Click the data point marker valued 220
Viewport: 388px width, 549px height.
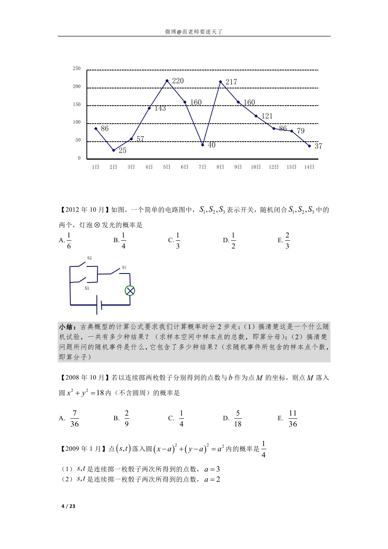pos(167,81)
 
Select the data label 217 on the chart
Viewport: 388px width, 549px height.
pos(231,82)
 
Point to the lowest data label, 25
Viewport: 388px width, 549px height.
pos(122,151)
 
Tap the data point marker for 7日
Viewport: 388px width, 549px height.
pos(203,145)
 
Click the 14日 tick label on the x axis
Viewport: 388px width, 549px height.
pos(309,167)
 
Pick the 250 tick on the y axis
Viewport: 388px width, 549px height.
pos(77,68)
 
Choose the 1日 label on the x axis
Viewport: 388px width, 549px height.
pos(95,167)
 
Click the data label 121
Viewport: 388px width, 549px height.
pos(267,116)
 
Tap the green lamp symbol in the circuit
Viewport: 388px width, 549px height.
pos(130,291)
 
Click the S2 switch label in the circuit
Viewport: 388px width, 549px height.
pos(90,258)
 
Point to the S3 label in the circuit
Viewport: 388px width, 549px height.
pos(124,268)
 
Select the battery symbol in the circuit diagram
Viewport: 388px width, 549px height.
pos(99,305)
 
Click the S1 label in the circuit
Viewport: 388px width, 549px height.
pos(87,288)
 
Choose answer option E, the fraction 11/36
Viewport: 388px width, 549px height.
pos(293,419)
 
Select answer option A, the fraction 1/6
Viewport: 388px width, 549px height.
pos(69,241)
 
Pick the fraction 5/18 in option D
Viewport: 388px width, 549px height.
pos(237,419)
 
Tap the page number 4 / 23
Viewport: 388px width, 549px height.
pos(68,506)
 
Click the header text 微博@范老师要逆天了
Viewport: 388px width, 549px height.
pos(194,32)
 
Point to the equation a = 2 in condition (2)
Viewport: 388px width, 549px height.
pos(212,480)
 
